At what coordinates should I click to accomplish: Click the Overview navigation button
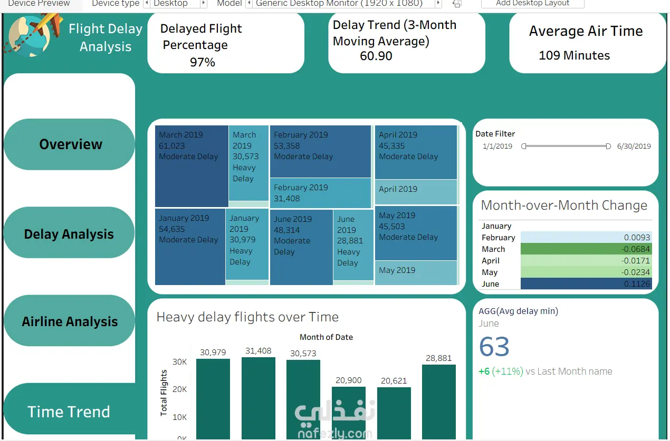click(70, 144)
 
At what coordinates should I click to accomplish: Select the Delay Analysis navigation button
click(69, 234)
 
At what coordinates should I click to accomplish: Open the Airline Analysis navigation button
click(70, 321)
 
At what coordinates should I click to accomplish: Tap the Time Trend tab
click(69, 411)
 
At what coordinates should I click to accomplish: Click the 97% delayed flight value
click(203, 62)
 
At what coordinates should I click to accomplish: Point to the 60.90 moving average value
click(376, 56)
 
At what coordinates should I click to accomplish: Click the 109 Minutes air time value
click(574, 55)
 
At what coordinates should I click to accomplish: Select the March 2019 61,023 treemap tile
click(192, 166)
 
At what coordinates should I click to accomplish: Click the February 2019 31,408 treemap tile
click(320, 193)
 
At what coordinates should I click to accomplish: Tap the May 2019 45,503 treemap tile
click(416, 232)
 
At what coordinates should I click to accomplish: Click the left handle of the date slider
click(524, 146)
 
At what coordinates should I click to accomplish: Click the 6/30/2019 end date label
click(634, 146)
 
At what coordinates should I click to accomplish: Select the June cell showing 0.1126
click(586, 284)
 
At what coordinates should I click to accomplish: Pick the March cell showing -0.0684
click(586, 249)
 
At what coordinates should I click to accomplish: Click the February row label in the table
click(498, 238)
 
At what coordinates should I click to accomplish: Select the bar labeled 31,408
click(259, 398)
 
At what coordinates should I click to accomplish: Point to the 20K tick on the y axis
click(179, 389)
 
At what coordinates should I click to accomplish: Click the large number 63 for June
click(494, 347)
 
